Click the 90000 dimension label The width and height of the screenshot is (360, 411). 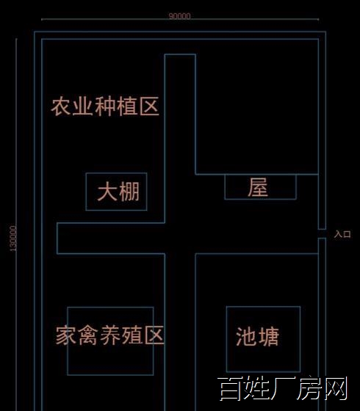[179, 16]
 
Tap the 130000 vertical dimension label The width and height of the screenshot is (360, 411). [13, 239]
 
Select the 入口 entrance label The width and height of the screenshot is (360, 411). [342, 234]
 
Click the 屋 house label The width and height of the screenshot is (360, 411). [258, 187]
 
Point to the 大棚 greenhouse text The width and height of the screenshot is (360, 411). [118, 192]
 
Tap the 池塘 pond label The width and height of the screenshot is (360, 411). [257, 337]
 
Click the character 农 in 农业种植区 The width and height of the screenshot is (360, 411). [61, 106]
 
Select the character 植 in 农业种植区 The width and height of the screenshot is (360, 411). [127, 106]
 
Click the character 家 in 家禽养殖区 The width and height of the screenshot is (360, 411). [65, 335]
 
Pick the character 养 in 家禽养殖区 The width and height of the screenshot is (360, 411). [110, 335]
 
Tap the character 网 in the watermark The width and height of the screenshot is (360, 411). [336, 388]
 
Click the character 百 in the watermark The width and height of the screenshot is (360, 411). [229, 389]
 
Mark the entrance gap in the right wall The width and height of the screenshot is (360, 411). [323, 234]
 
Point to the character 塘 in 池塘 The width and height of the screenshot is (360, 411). [268, 337]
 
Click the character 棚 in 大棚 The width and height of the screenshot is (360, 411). [129, 192]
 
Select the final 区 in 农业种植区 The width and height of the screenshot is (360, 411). [149, 106]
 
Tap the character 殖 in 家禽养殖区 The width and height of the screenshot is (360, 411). [132, 335]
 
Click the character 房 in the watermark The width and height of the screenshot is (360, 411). [309, 388]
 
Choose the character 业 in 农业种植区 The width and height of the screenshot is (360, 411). [83, 106]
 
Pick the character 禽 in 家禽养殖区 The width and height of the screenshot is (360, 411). [88, 335]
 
